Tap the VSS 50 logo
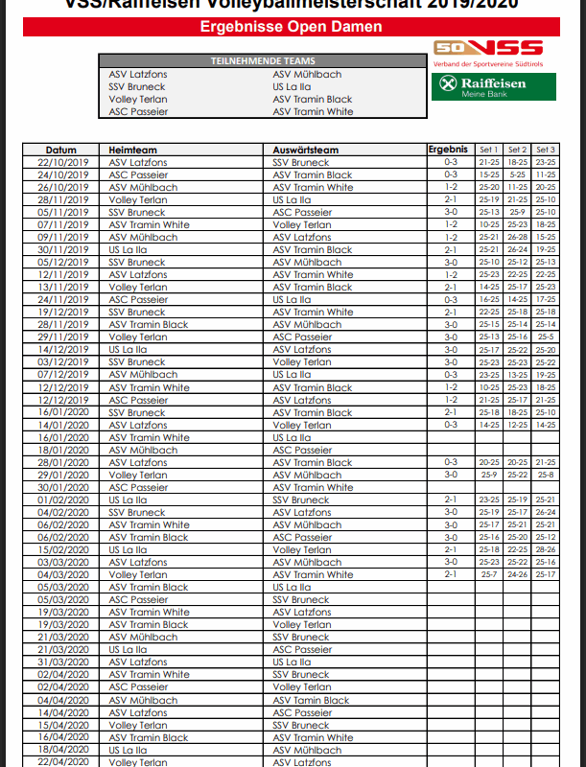488,48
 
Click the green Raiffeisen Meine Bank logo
481,87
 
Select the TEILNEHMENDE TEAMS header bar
263,61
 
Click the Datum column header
61,151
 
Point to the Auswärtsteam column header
305,151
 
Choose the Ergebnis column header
448,150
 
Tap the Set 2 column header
518,151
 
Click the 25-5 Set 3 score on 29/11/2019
546,337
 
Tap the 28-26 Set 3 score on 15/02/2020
546,550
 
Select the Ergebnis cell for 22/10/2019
450,163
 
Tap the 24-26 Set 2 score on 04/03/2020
518,575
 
